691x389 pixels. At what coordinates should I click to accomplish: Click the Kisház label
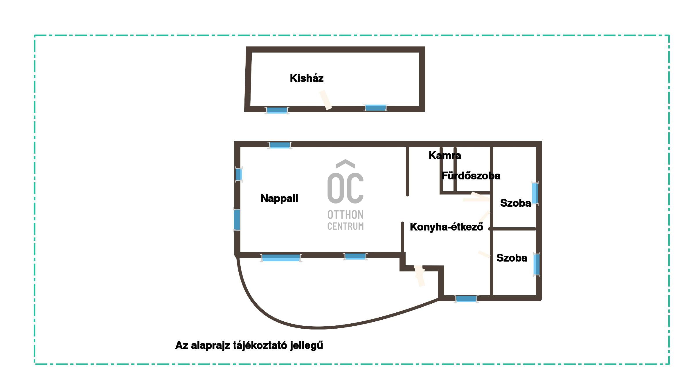(307, 78)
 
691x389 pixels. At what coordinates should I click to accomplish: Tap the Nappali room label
(279, 199)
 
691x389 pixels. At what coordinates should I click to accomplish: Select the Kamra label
(445, 156)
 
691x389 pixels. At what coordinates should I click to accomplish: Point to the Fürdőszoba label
(471, 176)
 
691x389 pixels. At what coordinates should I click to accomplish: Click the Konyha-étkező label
(447, 227)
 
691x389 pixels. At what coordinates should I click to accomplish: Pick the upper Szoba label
(516, 203)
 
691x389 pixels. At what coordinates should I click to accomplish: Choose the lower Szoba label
(512, 258)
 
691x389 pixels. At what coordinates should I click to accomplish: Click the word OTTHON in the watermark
(345, 215)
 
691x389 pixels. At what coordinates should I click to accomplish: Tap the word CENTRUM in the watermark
(345, 226)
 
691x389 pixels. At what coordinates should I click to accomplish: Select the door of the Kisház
(326, 100)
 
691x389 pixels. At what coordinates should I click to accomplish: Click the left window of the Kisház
(277, 110)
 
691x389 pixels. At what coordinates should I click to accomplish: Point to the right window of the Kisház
(376, 108)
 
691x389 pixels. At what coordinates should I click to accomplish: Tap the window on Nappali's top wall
(280, 145)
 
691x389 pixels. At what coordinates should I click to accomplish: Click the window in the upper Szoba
(535, 193)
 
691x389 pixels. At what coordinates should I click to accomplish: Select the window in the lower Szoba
(537, 264)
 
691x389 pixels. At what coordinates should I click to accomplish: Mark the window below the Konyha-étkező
(466, 299)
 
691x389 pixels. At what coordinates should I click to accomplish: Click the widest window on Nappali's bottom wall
(281, 258)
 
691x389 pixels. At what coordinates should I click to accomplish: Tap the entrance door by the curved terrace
(420, 276)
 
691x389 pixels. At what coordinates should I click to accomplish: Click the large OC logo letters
(345, 181)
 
